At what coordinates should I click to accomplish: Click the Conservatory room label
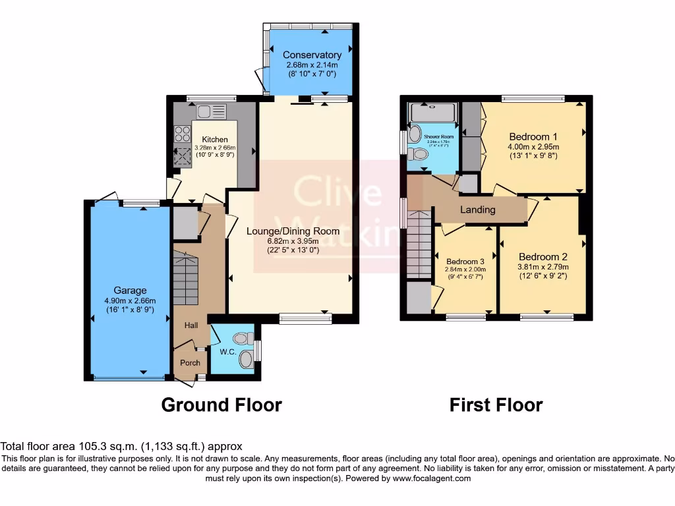312,55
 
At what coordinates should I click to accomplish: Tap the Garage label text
130,290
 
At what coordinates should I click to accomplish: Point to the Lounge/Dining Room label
293,231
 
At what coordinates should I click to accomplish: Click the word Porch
191,362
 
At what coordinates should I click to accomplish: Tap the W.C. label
228,352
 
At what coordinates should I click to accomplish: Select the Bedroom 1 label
533,136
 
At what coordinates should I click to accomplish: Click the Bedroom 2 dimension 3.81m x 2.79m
543,267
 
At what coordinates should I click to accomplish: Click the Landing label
477,210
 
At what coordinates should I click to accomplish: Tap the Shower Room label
439,136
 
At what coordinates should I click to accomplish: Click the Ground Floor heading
221,405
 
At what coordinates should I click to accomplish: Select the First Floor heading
496,405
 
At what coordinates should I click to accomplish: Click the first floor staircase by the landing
418,244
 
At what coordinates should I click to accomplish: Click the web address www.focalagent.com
432,478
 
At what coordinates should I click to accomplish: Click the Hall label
191,325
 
